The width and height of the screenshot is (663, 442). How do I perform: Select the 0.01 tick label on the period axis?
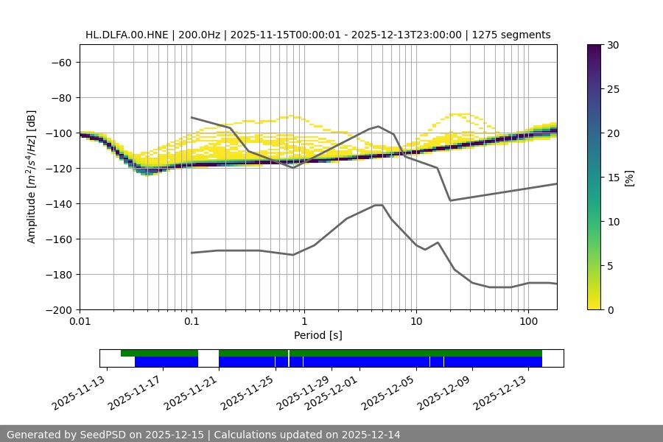pos(80,322)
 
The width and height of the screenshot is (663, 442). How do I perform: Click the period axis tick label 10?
pos(416,322)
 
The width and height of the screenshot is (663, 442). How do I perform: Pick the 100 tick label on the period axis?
pos(528,322)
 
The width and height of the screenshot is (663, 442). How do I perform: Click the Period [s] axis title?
pos(318,335)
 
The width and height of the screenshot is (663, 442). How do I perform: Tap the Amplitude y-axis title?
pos(32,178)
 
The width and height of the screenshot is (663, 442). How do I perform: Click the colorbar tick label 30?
pos(613,45)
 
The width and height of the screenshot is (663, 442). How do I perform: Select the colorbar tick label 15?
pos(613,178)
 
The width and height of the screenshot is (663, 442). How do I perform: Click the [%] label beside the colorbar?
pos(630,178)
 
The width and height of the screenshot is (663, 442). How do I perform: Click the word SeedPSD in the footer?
pos(102,435)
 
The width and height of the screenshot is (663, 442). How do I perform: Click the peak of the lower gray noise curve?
pos(379,205)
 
